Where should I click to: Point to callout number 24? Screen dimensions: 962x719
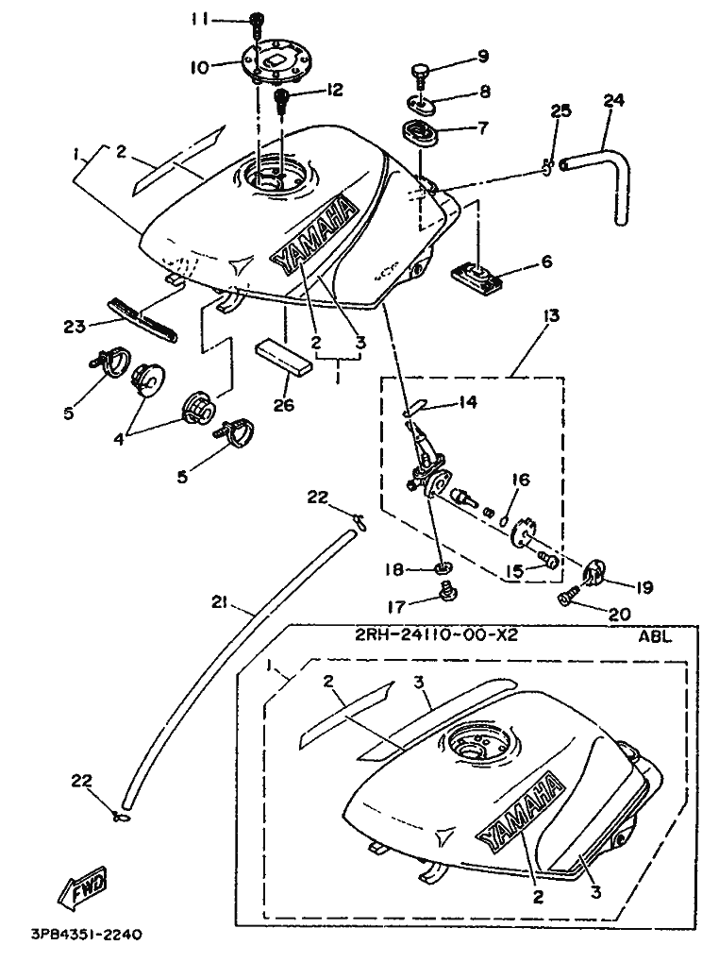614,101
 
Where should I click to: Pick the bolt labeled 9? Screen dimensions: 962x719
422,72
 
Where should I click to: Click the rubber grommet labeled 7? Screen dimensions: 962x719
422,134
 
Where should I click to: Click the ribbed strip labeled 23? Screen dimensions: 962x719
144,318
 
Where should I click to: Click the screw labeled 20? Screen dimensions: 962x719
570,598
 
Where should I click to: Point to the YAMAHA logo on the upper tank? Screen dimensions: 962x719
314,237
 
